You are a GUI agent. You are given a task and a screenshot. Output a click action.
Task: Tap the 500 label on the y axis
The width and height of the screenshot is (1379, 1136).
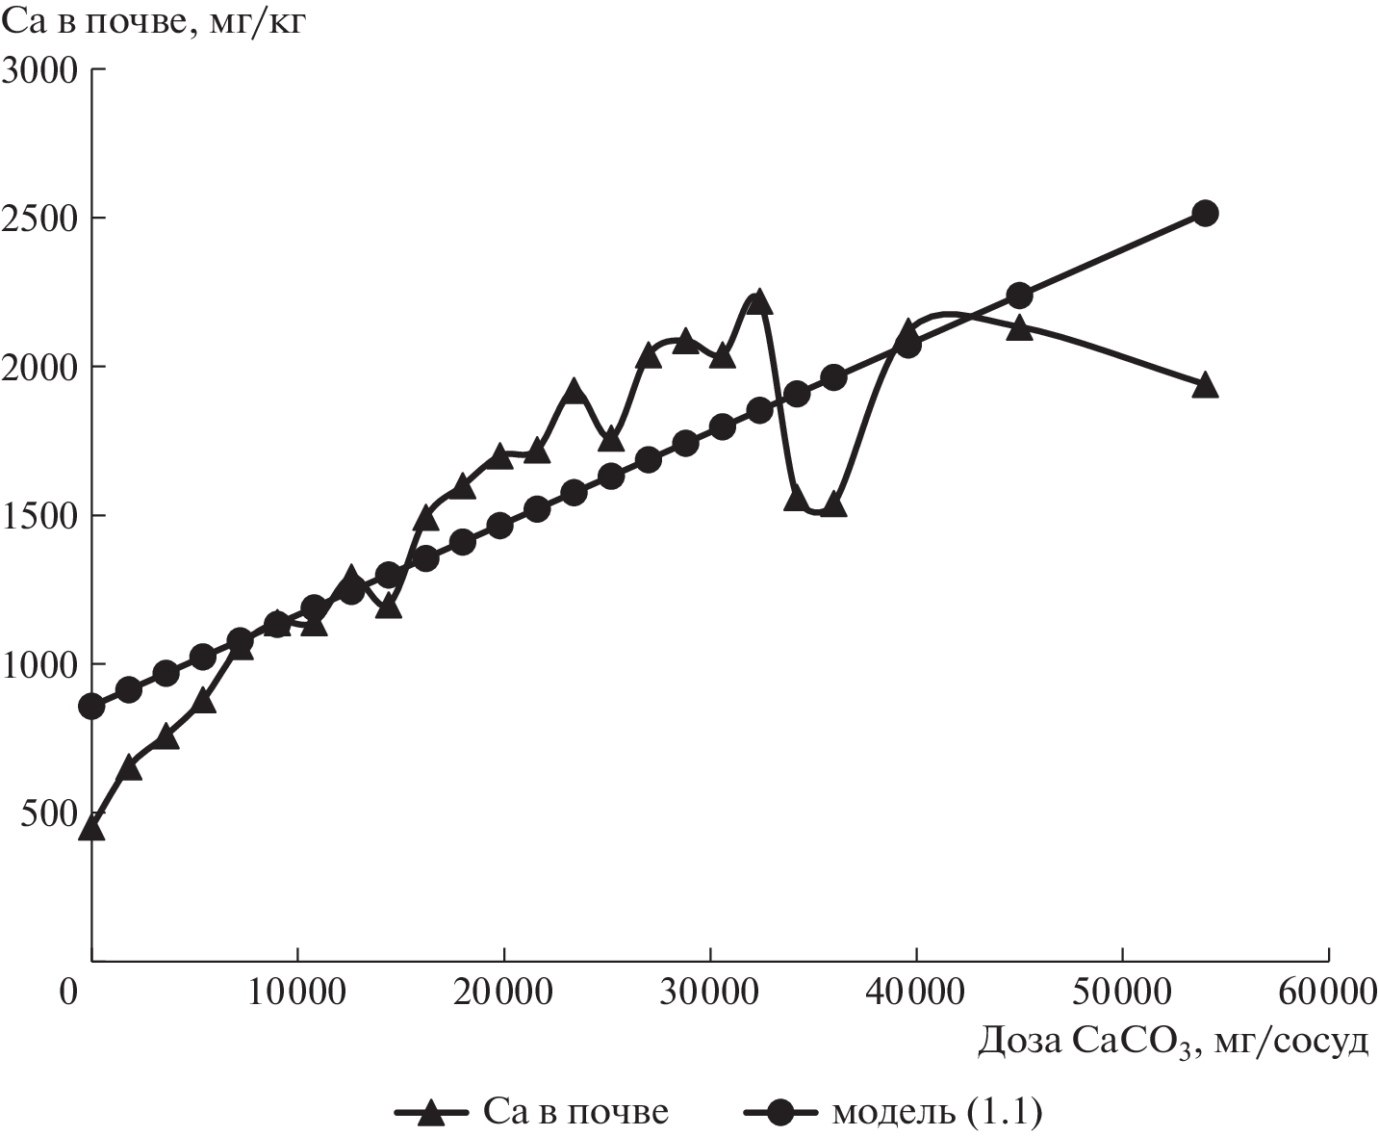point(49,813)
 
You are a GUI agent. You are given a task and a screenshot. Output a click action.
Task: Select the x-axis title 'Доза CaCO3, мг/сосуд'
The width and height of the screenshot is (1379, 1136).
point(1173,1042)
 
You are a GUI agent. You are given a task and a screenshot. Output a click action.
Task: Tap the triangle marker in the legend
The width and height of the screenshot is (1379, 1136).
point(432,1113)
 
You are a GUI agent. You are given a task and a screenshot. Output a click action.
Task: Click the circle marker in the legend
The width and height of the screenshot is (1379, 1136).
point(781,1113)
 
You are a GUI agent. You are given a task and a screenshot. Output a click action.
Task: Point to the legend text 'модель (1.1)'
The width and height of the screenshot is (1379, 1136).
point(936,1113)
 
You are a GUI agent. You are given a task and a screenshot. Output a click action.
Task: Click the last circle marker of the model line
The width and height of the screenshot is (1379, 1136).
point(1205,214)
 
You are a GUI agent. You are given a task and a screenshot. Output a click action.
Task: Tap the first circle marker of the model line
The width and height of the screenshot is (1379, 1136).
point(91,707)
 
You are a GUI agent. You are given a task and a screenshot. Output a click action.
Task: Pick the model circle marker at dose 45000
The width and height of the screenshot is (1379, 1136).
point(1019,295)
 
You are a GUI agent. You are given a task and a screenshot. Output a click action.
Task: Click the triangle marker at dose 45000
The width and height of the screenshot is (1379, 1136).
point(1019,328)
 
